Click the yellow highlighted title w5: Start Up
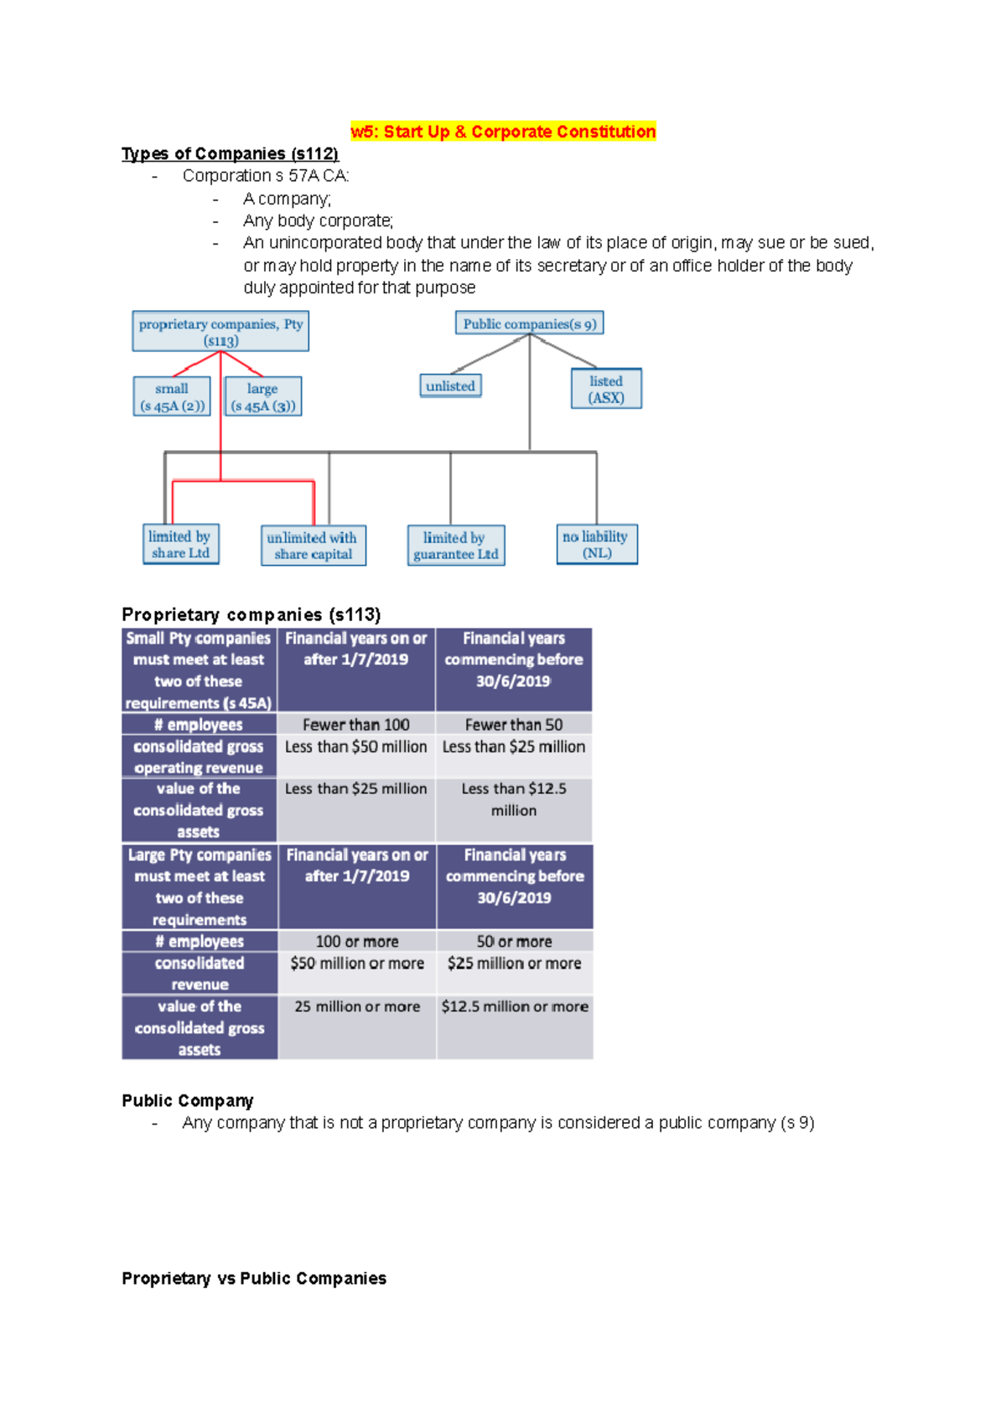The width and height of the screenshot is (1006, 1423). pyautogui.click(x=503, y=132)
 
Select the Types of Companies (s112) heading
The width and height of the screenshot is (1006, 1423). pyautogui.click(x=230, y=153)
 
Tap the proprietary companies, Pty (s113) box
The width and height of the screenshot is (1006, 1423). pyautogui.click(x=220, y=332)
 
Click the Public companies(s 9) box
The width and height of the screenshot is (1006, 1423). pyautogui.click(x=529, y=323)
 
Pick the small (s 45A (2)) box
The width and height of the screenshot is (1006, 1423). pyautogui.click(x=172, y=397)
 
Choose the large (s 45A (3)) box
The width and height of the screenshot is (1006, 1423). pyautogui.click(x=262, y=397)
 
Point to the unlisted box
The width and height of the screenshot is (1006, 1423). pyautogui.click(x=450, y=386)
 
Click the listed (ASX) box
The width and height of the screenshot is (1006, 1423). pyautogui.click(x=606, y=389)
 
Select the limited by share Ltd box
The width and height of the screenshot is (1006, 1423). pyautogui.click(x=180, y=545)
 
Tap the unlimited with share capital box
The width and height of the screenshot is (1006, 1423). pyautogui.click(x=313, y=546)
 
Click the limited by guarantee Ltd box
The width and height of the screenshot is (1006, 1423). pyautogui.click(x=455, y=546)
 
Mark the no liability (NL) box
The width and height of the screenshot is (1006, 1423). pyautogui.click(x=596, y=545)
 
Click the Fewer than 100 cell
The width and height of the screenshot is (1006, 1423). pyautogui.click(x=355, y=725)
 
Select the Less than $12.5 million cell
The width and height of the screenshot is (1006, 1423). pyautogui.click(x=513, y=799)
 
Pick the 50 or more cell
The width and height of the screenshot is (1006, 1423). pyautogui.click(x=514, y=941)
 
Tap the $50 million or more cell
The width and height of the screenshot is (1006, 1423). pyautogui.click(x=356, y=964)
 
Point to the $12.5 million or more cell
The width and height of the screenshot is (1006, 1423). pyautogui.click(x=514, y=1006)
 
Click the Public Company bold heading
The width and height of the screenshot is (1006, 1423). pyautogui.click(x=187, y=1100)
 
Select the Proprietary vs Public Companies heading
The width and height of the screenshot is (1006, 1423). pyautogui.click(x=253, y=1278)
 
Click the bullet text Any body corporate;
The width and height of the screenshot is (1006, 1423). pyautogui.click(x=318, y=220)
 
